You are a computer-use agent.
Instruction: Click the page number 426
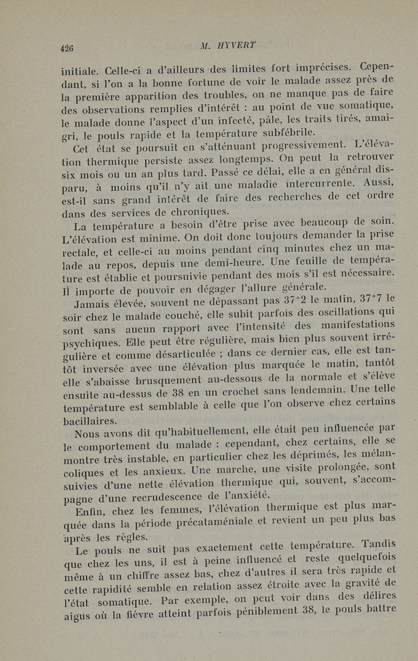click(x=66, y=48)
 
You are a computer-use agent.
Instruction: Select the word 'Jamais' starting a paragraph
click(x=92, y=303)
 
